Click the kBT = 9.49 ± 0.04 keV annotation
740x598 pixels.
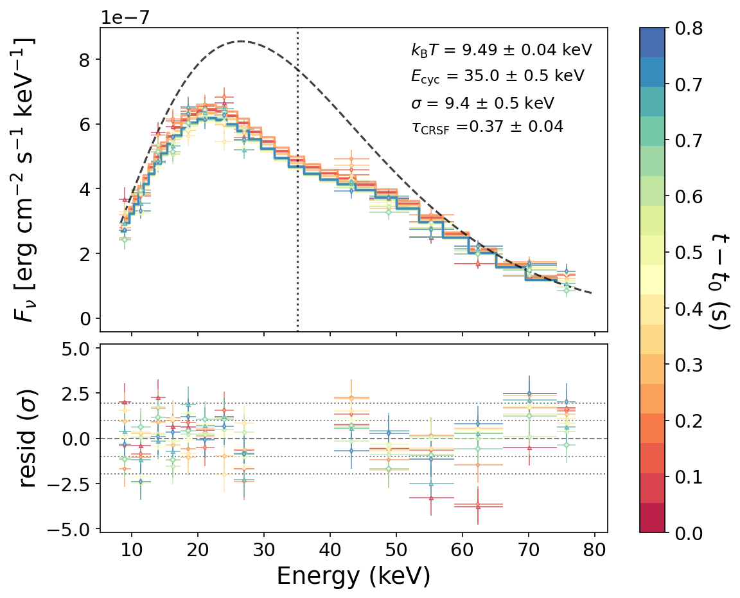pyautogui.click(x=501, y=50)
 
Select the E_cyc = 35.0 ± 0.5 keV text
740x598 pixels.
pyautogui.click(x=497, y=76)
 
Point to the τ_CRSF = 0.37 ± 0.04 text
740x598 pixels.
pyautogui.click(x=487, y=127)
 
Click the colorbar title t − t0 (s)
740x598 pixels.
pyautogui.click(x=721, y=281)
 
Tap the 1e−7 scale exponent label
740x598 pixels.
pyautogui.click(x=125, y=17)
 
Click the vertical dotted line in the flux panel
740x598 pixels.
pyautogui.click(x=297, y=193)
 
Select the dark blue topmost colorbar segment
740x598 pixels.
pyautogui.click(x=652, y=42)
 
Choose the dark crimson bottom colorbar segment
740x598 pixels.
pyautogui.click(x=652, y=518)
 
